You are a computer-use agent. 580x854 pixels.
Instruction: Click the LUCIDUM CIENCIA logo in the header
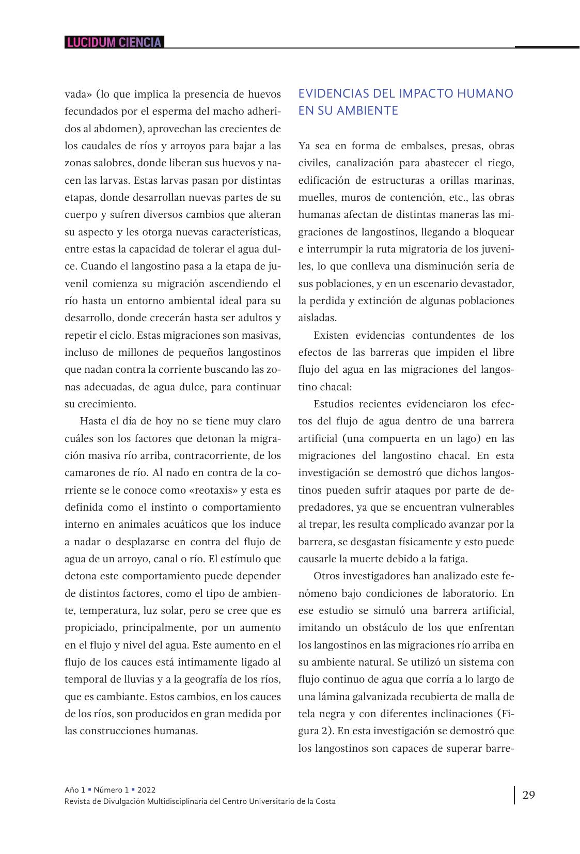pyautogui.click(x=114, y=42)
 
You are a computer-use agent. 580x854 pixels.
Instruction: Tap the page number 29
pyautogui.click(x=528, y=795)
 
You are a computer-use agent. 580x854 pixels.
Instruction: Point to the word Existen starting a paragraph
pyautogui.click(x=331, y=335)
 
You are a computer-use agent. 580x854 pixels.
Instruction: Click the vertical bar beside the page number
pyautogui.click(x=514, y=795)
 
